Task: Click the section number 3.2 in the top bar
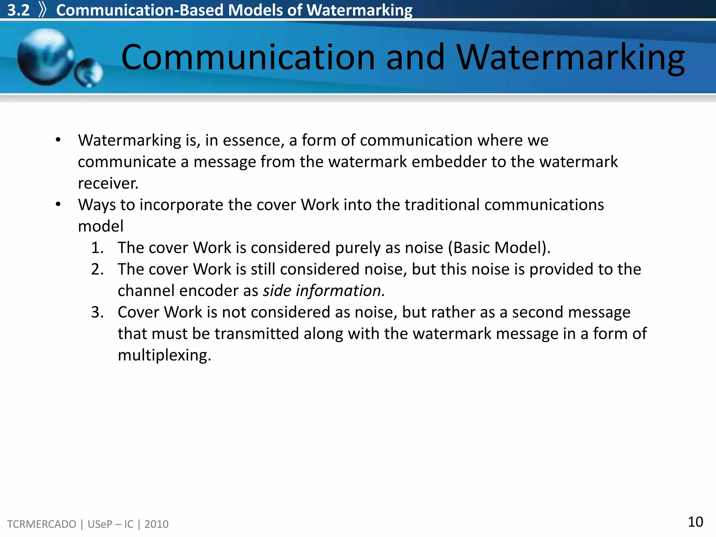pos(19,10)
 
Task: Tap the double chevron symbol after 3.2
pos(43,10)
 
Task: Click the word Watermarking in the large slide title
pos(570,57)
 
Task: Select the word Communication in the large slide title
pos(248,57)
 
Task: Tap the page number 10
pos(695,522)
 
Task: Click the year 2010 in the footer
pos(156,524)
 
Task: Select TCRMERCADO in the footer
pos(42,524)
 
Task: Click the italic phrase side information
pos(324,291)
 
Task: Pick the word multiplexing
pos(164,355)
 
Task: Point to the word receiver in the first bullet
pos(108,184)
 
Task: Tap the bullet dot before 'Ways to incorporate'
pos(58,204)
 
